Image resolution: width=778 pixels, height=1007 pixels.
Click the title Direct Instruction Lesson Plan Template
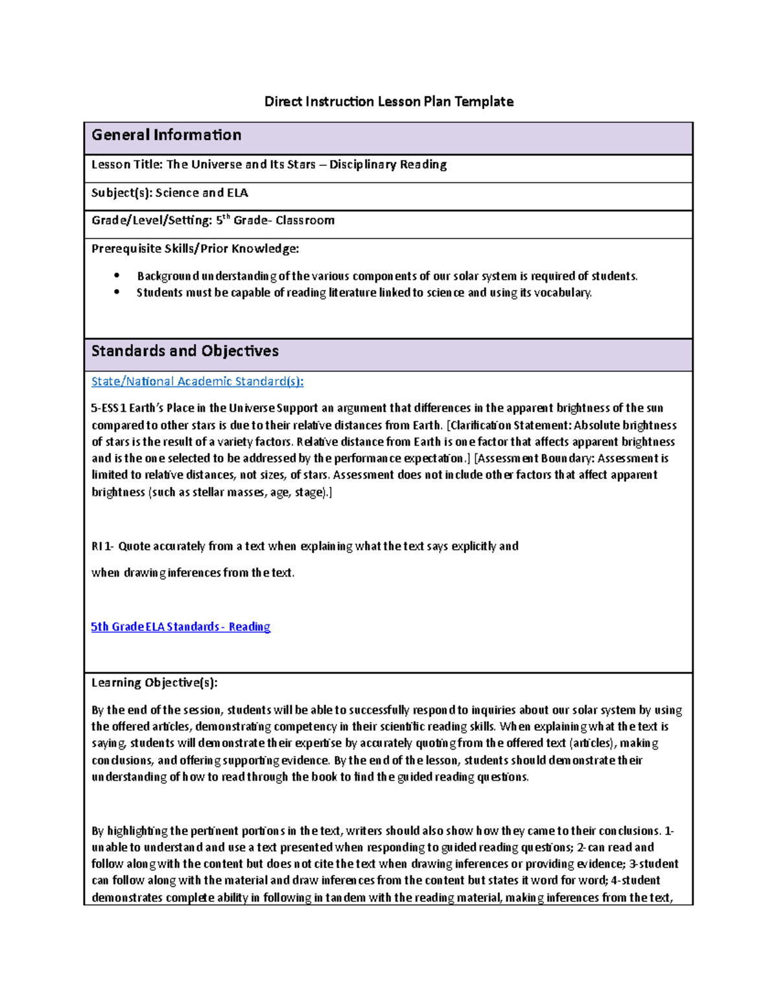tap(388, 101)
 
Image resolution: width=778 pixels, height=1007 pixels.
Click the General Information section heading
tap(167, 135)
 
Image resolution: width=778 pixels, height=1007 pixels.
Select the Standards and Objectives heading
tap(185, 351)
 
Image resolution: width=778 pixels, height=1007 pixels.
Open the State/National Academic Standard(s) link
tap(197, 381)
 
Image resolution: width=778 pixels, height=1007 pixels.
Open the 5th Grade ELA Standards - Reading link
tap(180, 626)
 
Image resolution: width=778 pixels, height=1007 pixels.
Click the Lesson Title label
tap(127, 165)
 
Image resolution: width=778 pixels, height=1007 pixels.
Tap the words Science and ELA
tap(202, 193)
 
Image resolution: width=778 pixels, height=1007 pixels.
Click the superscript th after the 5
tap(226, 217)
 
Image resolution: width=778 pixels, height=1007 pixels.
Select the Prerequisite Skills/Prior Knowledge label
tap(195, 248)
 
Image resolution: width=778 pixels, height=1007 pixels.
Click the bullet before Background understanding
tap(117, 276)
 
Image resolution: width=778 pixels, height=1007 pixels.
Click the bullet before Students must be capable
tap(117, 292)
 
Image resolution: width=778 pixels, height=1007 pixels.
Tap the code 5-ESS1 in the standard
tap(108, 408)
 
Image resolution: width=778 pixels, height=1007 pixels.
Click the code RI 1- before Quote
tap(102, 546)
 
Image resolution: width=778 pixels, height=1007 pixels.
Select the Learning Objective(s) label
tap(154, 682)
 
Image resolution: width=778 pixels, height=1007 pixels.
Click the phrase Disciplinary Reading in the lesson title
tap(388, 165)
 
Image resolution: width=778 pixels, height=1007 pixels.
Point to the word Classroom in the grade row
tap(305, 220)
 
